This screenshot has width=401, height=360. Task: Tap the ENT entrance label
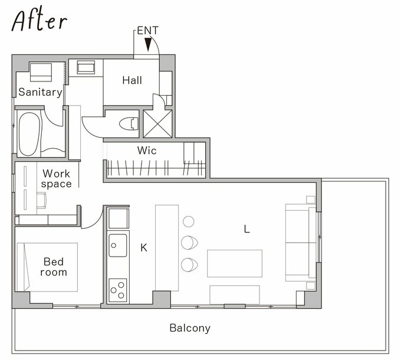point(148,31)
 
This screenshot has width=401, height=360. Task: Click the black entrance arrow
point(148,44)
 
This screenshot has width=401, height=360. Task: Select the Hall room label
point(132,80)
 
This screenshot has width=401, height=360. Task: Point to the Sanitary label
point(41,92)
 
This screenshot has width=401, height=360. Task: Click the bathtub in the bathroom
point(29,134)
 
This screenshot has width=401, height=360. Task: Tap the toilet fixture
point(129,123)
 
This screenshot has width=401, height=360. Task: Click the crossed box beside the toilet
point(157,124)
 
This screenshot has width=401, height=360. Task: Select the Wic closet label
point(147,150)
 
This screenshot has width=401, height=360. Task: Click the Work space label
point(56,179)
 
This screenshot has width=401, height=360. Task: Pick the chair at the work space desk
point(42,200)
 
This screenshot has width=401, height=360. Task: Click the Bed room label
point(54,267)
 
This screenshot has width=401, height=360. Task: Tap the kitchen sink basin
point(118,246)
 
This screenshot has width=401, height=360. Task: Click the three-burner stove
point(118,290)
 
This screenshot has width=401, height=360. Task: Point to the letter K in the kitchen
point(144,248)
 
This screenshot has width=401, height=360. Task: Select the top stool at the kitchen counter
point(189,221)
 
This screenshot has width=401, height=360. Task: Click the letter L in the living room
point(246,229)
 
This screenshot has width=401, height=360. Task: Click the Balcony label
point(190,328)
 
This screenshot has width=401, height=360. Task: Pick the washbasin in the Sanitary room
point(41,72)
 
